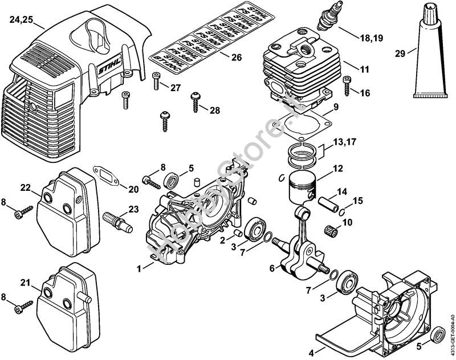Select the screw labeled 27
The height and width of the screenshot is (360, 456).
tap(156, 83)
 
